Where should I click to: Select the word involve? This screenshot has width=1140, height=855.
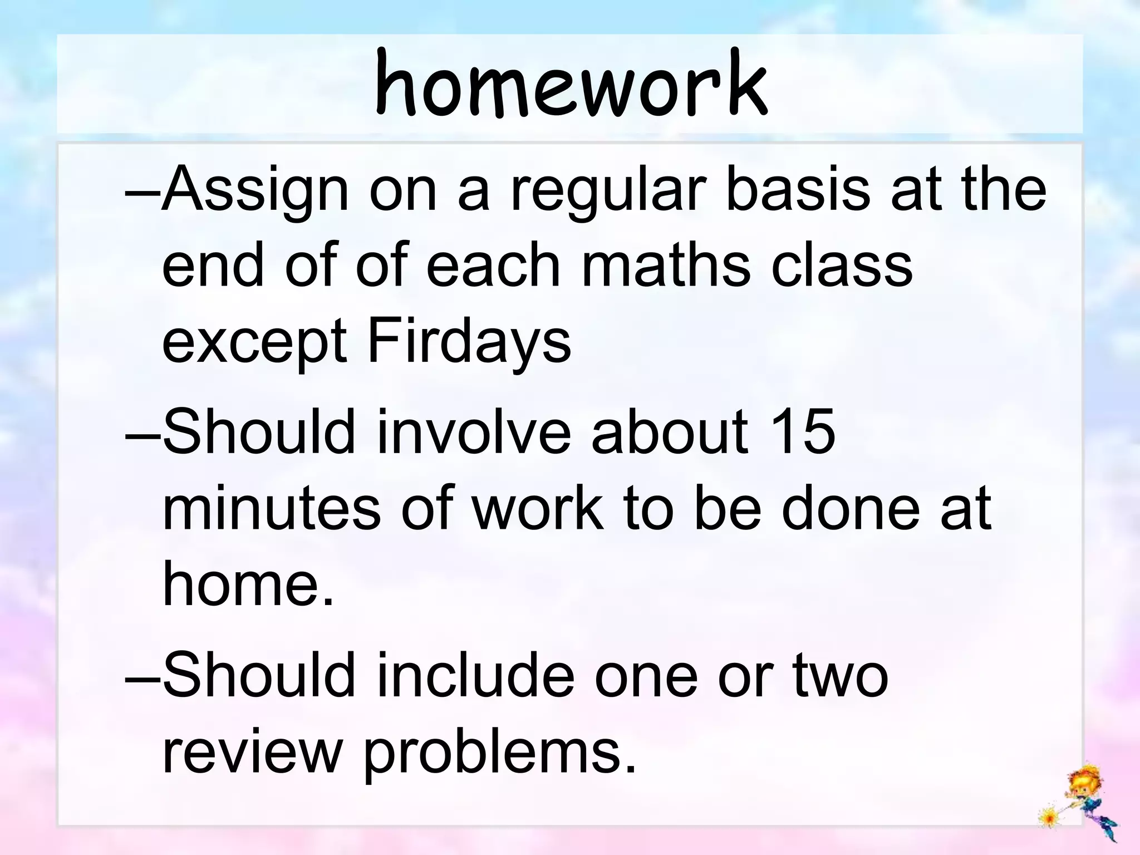[474, 431]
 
